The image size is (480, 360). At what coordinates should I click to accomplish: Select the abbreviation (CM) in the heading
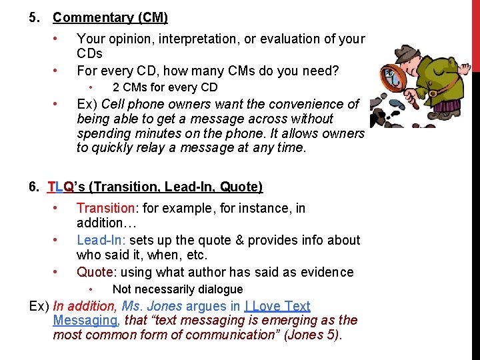[153, 17]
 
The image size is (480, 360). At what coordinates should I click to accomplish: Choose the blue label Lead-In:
[101, 240]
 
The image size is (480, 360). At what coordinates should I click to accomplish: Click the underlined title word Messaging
[85, 321]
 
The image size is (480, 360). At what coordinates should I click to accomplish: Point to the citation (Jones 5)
[313, 335]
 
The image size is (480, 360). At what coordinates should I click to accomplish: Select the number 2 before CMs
[116, 87]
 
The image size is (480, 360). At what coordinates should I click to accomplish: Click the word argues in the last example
[205, 306]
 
